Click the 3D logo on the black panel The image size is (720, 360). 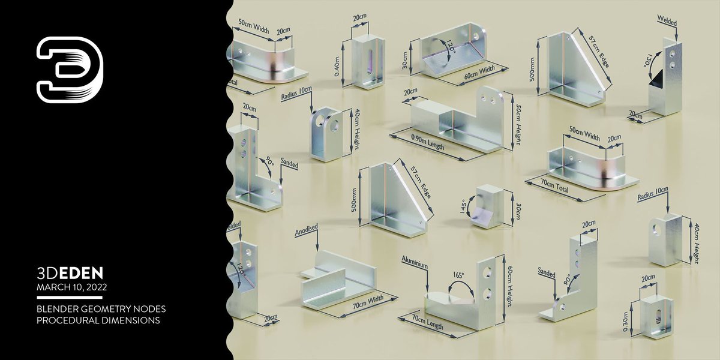pos(69,70)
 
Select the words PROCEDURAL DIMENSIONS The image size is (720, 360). pos(98,320)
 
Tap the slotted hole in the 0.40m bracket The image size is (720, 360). pos(369,62)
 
